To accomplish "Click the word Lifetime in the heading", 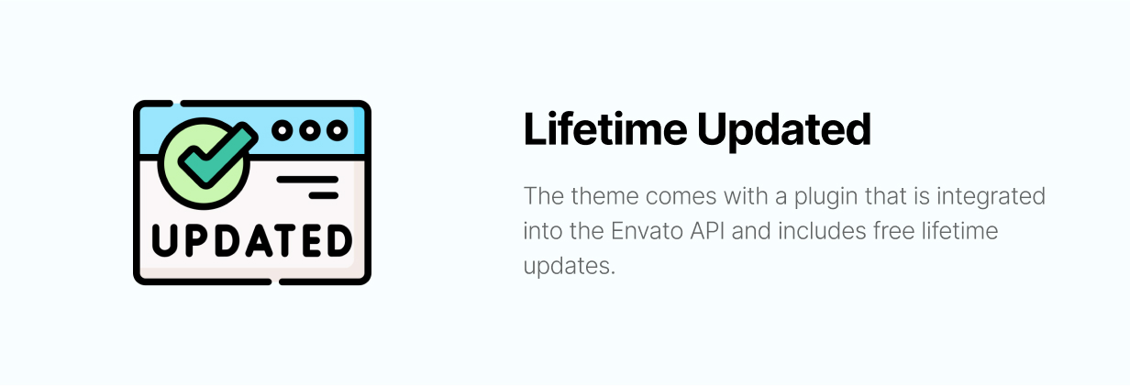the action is coord(605,128).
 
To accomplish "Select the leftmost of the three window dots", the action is coord(282,131).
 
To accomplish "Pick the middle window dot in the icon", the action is coord(310,131).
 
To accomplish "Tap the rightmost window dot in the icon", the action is coord(337,131).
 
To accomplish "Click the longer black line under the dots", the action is coord(307,180).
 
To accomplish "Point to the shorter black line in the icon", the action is coord(324,195).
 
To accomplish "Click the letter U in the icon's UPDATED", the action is coord(164,241).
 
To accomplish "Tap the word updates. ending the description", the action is coord(569,267).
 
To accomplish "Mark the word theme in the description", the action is coord(604,196).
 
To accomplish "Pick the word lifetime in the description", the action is coord(960,231).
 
